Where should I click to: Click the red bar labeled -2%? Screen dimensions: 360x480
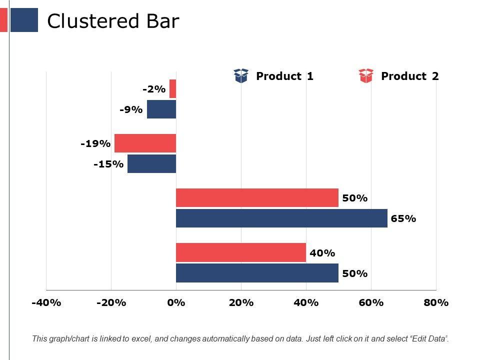click(x=173, y=89)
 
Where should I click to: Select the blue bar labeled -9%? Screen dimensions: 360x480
click(x=161, y=109)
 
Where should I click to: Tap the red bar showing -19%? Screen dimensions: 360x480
click(x=145, y=143)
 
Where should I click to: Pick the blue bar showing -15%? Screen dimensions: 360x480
click(x=152, y=163)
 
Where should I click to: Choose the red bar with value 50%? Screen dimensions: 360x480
click(x=257, y=197)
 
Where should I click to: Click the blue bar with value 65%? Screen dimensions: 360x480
click(x=281, y=218)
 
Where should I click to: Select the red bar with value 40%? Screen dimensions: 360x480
click(x=241, y=252)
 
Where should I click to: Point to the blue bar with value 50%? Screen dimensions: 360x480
click(x=257, y=273)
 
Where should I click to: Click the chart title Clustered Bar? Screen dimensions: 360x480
click(x=112, y=21)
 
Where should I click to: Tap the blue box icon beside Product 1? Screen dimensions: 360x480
click(x=241, y=76)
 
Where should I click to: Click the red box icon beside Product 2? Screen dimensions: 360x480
click(x=366, y=76)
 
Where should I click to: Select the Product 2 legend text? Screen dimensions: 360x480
click(x=409, y=76)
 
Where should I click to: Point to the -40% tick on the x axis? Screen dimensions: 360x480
click(x=46, y=302)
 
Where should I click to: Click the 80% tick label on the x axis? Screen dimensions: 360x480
click(x=436, y=302)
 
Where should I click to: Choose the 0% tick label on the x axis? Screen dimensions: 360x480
click(x=176, y=302)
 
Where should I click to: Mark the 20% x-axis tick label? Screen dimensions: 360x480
click(x=241, y=302)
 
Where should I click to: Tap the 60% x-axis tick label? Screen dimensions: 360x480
click(x=371, y=302)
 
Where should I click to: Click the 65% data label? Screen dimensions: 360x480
click(x=403, y=218)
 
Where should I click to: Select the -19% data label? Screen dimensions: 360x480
click(x=95, y=144)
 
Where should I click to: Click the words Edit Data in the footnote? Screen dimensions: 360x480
click(x=428, y=339)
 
